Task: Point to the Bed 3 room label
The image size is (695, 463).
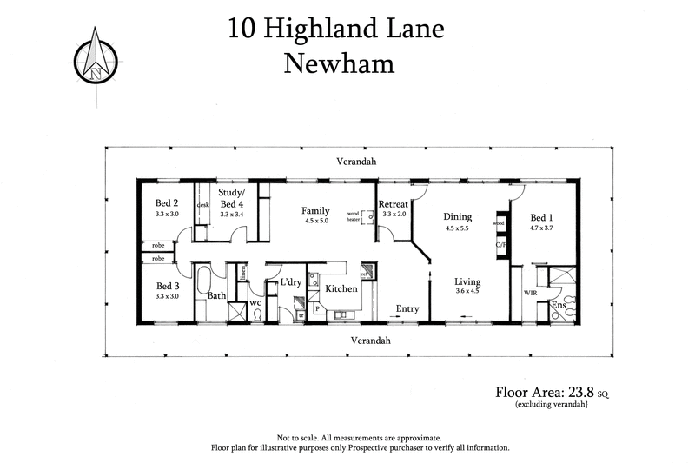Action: pos(168,286)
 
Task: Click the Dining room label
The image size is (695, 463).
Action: pos(457,217)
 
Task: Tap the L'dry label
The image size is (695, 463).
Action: pos(289,282)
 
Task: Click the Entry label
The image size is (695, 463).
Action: pos(407,308)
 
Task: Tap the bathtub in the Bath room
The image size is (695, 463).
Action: pos(202,283)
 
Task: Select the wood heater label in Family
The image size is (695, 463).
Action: pos(353,216)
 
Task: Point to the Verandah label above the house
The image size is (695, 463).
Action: pos(358,162)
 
